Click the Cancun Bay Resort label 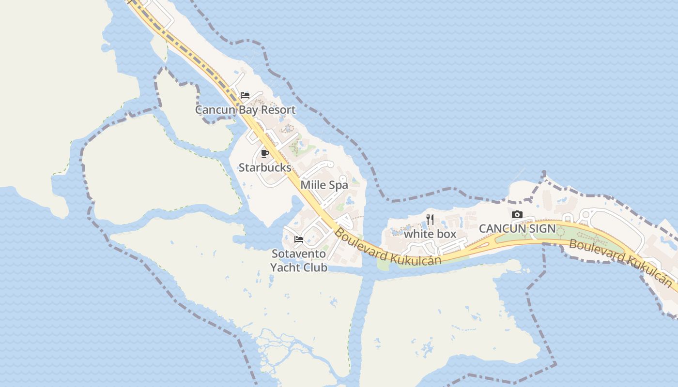pyautogui.click(x=245, y=110)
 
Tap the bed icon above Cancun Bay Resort pyautogui.click(x=245, y=95)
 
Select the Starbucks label pyautogui.click(x=265, y=168)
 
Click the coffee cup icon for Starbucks pyautogui.click(x=264, y=154)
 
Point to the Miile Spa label pyautogui.click(x=324, y=185)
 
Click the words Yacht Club pyautogui.click(x=299, y=268)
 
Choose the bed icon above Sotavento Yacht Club pyautogui.click(x=299, y=239)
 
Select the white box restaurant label pyautogui.click(x=430, y=234)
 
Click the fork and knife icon pyautogui.click(x=430, y=220)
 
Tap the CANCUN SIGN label pyautogui.click(x=517, y=228)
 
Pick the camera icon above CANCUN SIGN pyautogui.click(x=517, y=214)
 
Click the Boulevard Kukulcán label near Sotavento pyautogui.click(x=387, y=247)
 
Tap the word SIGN pyautogui.click(x=542, y=228)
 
